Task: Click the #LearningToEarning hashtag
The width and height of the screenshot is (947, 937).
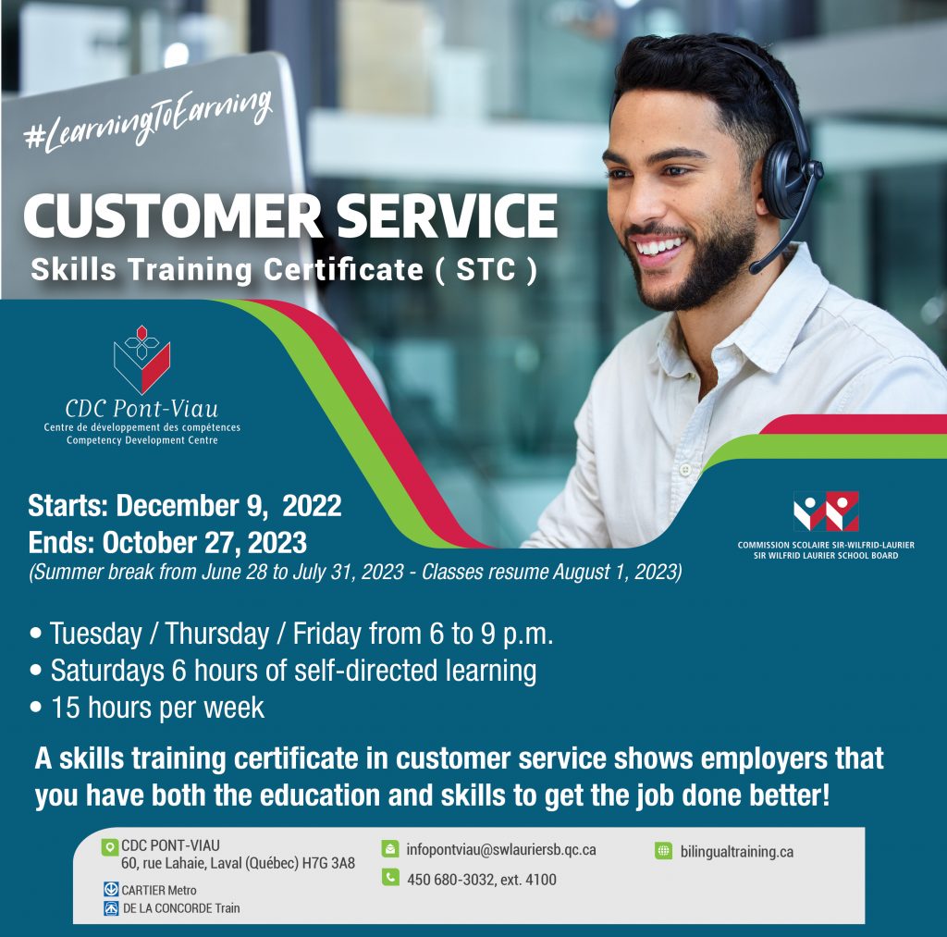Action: pyautogui.click(x=148, y=121)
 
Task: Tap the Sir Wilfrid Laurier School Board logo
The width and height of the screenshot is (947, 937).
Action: pyautogui.click(x=826, y=512)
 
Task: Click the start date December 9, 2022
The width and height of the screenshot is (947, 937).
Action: pyautogui.click(x=228, y=506)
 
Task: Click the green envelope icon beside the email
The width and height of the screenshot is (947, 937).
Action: pyautogui.click(x=390, y=849)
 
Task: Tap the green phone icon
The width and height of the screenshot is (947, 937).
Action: pyautogui.click(x=390, y=879)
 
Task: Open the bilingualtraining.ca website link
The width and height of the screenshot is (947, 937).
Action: pyautogui.click(x=736, y=851)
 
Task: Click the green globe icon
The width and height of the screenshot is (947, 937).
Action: pyautogui.click(x=663, y=851)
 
